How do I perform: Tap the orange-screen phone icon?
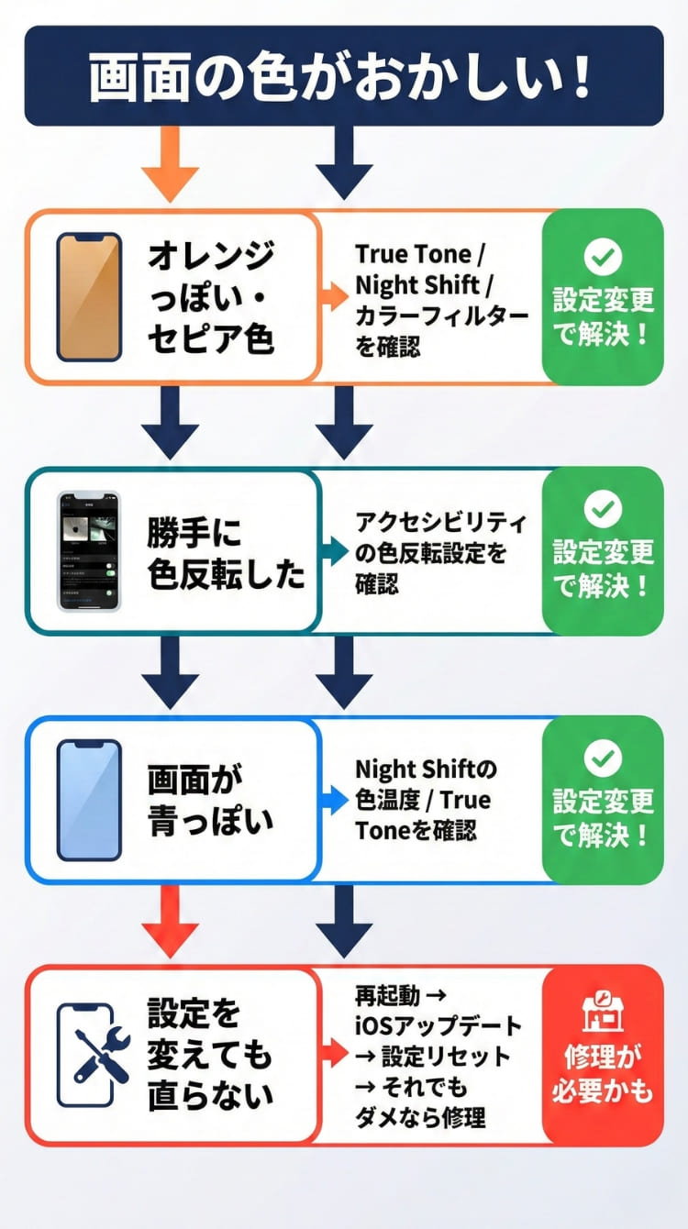pos(89,296)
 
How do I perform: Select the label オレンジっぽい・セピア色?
pos(211,296)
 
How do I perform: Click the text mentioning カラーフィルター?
pos(441,300)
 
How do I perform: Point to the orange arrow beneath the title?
pos(171,163)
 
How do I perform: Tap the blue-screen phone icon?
pos(89,800)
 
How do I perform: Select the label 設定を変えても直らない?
pos(210,1055)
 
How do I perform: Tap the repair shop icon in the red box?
pos(603,1014)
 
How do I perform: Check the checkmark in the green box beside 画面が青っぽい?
pos(603,758)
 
